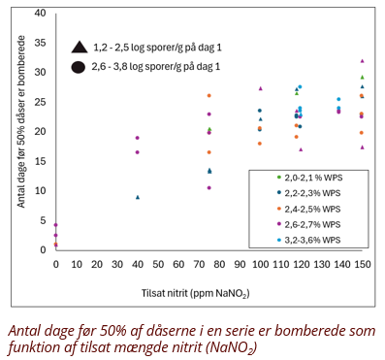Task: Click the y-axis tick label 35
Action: [x=40, y=43]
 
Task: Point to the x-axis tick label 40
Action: [x=138, y=264]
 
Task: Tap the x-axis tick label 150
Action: [x=363, y=264]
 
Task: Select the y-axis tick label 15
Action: [x=40, y=161]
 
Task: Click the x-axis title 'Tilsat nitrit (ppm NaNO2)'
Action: [x=196, y=293]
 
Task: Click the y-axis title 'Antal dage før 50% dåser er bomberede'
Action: [x=21, y=121]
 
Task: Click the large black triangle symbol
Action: [x=80, y=48]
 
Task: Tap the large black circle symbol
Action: [x=79, y=67]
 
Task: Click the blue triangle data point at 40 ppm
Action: [x=138, y=197]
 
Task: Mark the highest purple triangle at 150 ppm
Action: [x=363, y=61]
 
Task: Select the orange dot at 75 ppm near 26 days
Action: [x=209, y=96]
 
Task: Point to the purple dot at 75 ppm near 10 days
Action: [x=209, y=188]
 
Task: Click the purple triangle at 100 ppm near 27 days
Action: [x=260, y=88]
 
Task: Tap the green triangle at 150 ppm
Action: [x=363, y=77]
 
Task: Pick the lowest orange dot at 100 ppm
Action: [x=260, y=144]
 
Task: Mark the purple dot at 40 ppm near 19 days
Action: [x=137, y=138]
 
